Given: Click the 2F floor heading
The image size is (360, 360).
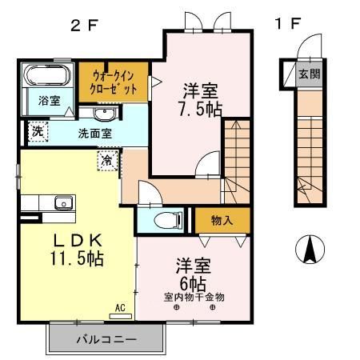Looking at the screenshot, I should (x=84, y=24).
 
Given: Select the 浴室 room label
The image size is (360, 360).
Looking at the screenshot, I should (x=49, y=101).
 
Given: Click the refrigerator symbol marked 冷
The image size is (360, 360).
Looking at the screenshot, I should (x=107, y=161).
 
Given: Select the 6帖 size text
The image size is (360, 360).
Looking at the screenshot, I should (x=192, y=283).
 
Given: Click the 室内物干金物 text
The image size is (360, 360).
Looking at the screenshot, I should (x=194, y=297).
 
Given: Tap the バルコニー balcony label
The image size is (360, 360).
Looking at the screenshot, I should (x=106, y=339).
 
